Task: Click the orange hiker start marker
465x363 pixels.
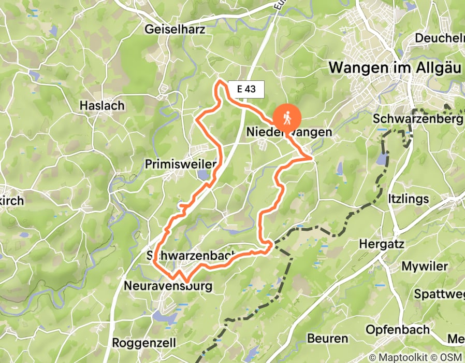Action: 286,117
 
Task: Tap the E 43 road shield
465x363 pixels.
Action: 246,89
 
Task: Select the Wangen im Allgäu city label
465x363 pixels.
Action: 395,67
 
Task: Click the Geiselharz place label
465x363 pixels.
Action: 176,29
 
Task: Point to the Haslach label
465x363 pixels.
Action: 102,106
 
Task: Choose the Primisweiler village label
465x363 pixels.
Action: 180,164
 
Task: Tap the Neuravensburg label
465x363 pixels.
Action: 168,286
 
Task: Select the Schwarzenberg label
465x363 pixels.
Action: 417,119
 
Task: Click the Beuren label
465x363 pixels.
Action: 327,339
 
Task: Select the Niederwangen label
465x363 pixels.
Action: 289,133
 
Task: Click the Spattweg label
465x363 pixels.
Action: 440,295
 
